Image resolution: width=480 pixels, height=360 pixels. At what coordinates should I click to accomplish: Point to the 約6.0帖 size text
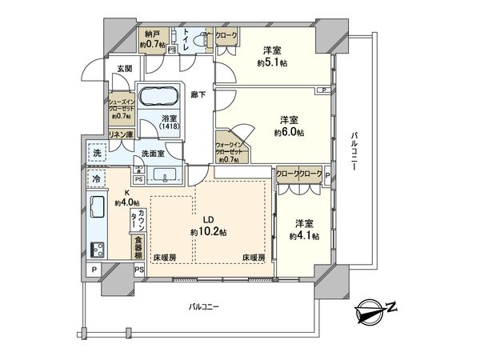(x=290, y=133)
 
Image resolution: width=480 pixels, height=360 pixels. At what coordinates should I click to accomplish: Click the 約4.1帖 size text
(x=306, y=236)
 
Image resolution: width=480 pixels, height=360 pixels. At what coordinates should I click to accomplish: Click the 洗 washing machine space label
(x=96, y=153)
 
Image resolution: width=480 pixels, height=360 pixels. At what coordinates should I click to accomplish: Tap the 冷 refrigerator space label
(x=96, y=179)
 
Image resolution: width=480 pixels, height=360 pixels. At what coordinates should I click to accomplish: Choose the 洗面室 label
(x=154, y=154)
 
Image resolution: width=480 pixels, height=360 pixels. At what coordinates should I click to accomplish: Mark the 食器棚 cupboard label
(x=138, y=244)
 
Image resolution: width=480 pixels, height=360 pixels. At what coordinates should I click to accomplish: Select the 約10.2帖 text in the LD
(x=208, y=231)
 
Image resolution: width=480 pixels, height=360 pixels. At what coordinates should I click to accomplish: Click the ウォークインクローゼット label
(x=231, y=150)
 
